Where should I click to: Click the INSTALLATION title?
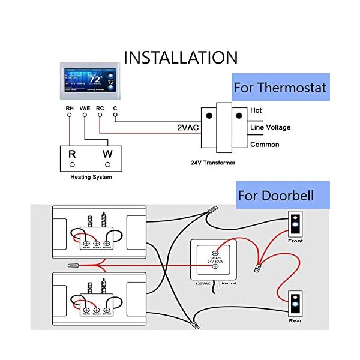181,57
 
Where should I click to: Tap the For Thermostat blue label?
280,88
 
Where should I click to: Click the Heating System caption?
91,177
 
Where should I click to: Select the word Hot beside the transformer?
256,111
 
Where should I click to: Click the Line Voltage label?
270,127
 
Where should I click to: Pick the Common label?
265,144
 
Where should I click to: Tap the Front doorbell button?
295,226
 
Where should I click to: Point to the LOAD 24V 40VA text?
215,261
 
